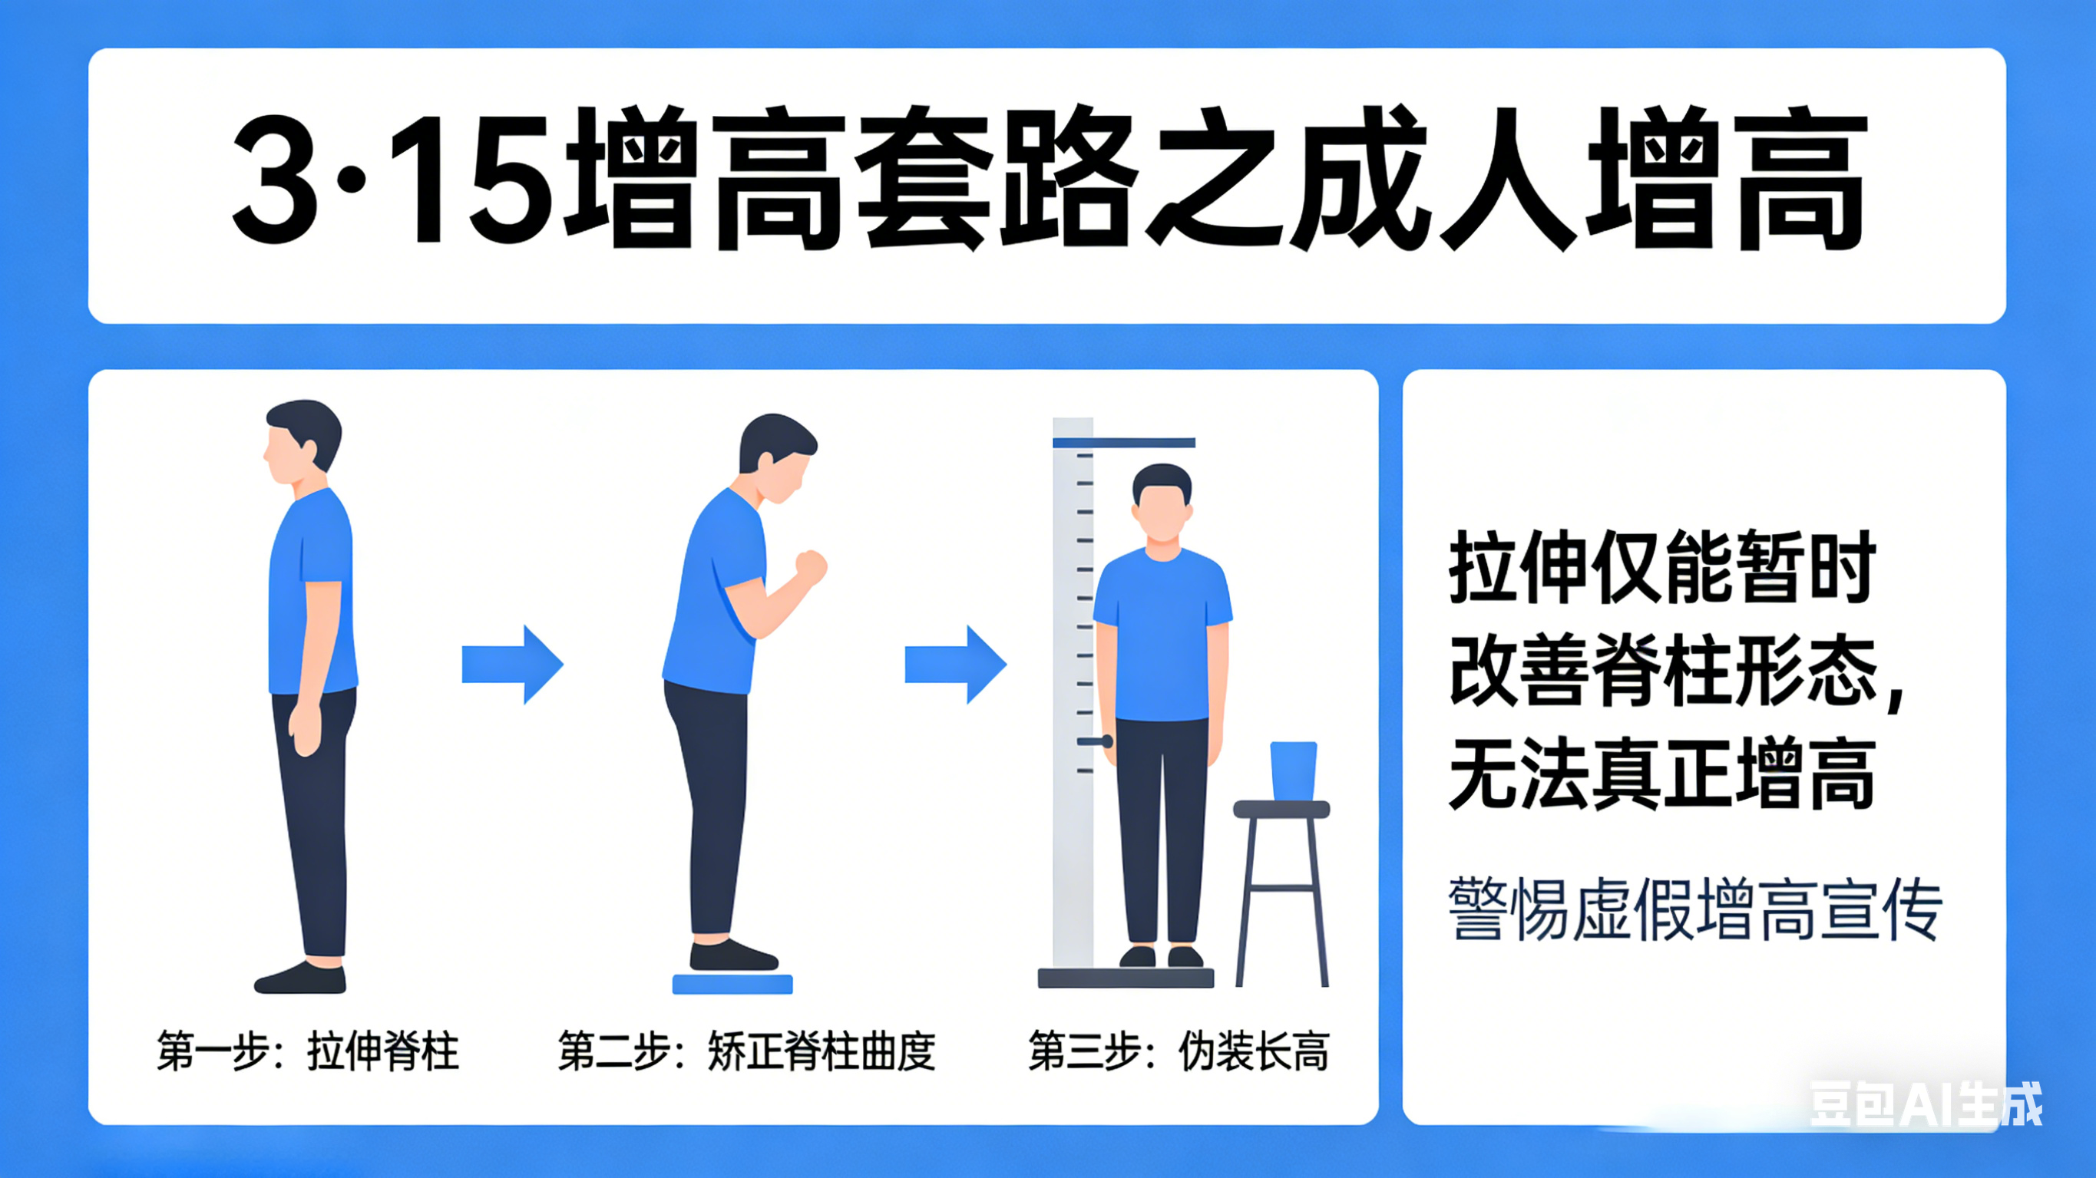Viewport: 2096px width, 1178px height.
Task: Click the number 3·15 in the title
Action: (393, 180)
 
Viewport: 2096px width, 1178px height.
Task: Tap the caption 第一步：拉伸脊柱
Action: (308, 1051)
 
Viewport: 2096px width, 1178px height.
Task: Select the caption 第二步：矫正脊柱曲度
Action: (746, 1051)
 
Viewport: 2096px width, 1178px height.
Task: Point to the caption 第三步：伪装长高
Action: (1179, 1051)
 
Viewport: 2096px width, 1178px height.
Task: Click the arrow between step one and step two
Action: (513, 664)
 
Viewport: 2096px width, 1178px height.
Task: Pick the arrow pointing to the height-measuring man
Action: (956, 664)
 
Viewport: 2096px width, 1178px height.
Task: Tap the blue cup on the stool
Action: (1293, 770)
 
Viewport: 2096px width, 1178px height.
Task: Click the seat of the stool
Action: (1281, 809)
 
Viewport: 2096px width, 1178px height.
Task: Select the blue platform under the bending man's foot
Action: (732, 984)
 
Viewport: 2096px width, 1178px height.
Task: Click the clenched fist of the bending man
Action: (811, 566)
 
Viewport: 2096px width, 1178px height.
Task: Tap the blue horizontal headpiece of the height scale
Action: (1124, 444)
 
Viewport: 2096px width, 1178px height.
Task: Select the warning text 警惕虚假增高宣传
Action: (1696, 909)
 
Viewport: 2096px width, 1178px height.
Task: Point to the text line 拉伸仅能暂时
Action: (1662, 567)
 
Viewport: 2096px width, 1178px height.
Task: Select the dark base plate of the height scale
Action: (1126, 978)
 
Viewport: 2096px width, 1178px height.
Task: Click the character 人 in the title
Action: (1509, 179)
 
